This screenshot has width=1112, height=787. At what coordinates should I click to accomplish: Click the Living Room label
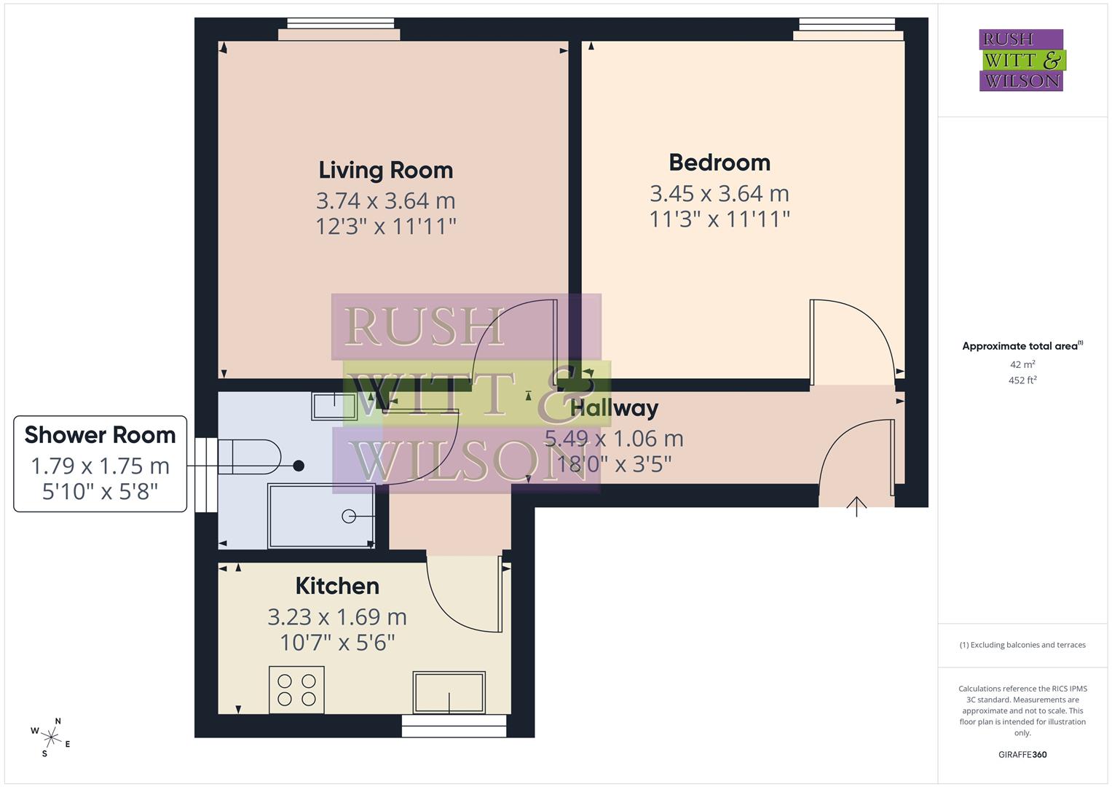pos(385,170)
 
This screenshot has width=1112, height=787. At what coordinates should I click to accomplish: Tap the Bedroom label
pos(719,162)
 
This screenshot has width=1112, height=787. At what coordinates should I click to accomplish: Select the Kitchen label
pos(337,586)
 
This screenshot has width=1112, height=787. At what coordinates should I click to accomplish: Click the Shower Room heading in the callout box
pos(100,435)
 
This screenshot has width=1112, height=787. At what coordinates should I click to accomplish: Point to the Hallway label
pos(615,408)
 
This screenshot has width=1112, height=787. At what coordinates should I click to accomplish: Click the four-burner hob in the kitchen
pos(296,689)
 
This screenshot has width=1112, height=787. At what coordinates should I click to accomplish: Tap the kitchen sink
pos(449,692)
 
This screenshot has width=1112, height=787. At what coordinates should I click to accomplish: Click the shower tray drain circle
pos(349,517)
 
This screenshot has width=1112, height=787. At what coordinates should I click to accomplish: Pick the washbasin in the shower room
pos(334,405)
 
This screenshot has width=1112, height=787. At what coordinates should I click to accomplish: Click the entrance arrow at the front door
pos(856,505)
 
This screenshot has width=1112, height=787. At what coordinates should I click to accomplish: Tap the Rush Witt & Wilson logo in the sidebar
pos(1021,60)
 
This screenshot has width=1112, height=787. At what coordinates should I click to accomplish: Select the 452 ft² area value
pos(1022,380)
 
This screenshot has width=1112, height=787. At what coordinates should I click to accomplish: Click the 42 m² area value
pos(1022,364)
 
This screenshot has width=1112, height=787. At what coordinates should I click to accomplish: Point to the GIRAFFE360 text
pos(1022,754)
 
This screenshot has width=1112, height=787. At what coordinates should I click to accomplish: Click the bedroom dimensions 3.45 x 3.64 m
pos(719,193)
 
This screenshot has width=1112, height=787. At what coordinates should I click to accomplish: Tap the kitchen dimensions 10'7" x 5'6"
pos(337,642)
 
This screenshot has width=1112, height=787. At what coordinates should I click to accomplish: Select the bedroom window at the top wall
pos(847,29)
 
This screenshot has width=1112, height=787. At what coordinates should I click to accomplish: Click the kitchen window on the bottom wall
pos(454,725)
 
